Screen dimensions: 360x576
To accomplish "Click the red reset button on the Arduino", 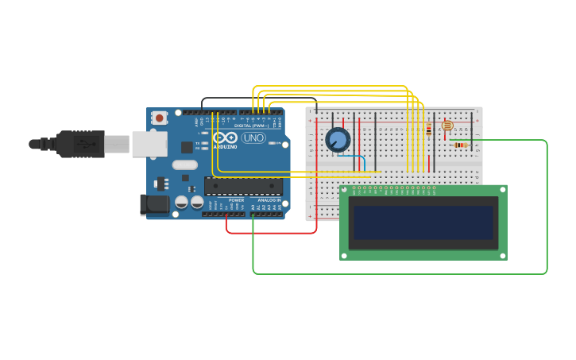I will coord(160,118).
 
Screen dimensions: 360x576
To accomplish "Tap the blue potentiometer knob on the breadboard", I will coord(338,140).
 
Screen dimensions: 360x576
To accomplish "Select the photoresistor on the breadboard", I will coord(446,126).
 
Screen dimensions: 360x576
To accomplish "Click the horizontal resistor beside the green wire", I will coord(459,145).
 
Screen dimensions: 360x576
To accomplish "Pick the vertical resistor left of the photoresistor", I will coord(429,129).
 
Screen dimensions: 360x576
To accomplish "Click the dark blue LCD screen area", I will coord(423,223).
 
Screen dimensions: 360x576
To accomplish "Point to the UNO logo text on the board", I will coord(253,137).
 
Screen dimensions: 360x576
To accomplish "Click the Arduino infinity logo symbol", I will coord(225,137).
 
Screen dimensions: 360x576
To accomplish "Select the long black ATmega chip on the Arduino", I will coord(243,186).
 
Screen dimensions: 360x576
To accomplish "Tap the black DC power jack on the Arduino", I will coord(153,203).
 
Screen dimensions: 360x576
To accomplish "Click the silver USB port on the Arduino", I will coord(149,144).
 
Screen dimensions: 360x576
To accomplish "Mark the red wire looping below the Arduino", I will coord(270,233).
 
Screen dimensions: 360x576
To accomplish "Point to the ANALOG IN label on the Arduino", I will coord(269,200).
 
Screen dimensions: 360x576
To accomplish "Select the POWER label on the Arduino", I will coord(236,200).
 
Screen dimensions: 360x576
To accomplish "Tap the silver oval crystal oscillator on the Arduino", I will coord(184,165).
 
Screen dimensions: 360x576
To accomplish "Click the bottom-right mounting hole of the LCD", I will coord(502,255).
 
